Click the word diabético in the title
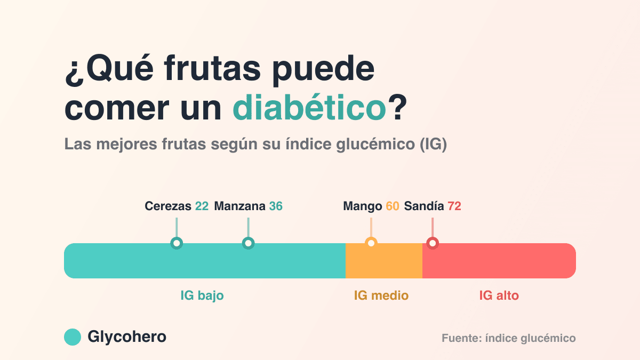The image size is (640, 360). [309, 107]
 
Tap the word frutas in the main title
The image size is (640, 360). [212, 68]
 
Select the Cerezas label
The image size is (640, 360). [168, 206]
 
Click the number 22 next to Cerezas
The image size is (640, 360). [202, 206]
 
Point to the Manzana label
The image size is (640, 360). [239, 206]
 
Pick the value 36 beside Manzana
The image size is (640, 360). [276, 206]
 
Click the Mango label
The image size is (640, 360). [363, 206]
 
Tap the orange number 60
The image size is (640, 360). [393, 206]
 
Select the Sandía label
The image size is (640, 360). [424, 206]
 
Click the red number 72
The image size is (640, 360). [454, 206]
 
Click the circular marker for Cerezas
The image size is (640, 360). [177, 243]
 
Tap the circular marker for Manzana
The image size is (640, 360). [249, 243]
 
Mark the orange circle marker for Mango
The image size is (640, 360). [371, 243]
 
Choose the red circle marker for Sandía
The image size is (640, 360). [433, 243]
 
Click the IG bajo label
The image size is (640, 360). [202, 295]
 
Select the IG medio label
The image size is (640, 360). [381, 295]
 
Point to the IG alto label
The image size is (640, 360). [499, 295]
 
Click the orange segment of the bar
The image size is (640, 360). [384, 261]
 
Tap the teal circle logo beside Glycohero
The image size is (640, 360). [73, 337]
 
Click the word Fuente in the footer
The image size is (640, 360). [460, 338]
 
